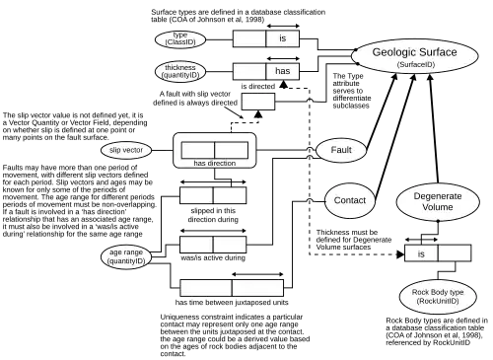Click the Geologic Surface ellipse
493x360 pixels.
415,56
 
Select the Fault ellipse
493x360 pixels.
341,150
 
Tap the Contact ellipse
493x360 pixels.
350,200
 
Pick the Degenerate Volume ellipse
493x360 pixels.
438,201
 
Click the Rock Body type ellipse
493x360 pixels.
438,297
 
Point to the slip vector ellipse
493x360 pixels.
126,150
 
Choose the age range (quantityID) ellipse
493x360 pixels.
126,256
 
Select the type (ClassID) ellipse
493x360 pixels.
180,39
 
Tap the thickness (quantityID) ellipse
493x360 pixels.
180,72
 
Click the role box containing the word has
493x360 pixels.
283,71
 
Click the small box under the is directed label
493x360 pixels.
258,102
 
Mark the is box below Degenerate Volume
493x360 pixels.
421,253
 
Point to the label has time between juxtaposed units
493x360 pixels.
232,303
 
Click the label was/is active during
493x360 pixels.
213,258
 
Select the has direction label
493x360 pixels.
215,163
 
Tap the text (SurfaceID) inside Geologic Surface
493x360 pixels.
416,64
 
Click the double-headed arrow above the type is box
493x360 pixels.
283,26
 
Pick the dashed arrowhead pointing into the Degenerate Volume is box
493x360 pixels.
400,254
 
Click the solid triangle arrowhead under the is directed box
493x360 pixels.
258,114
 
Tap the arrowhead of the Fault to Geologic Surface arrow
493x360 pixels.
394,77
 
